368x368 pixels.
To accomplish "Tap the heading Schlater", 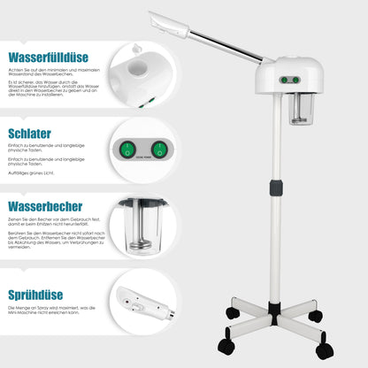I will [31, 134].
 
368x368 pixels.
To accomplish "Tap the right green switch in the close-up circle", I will [158, 149].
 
